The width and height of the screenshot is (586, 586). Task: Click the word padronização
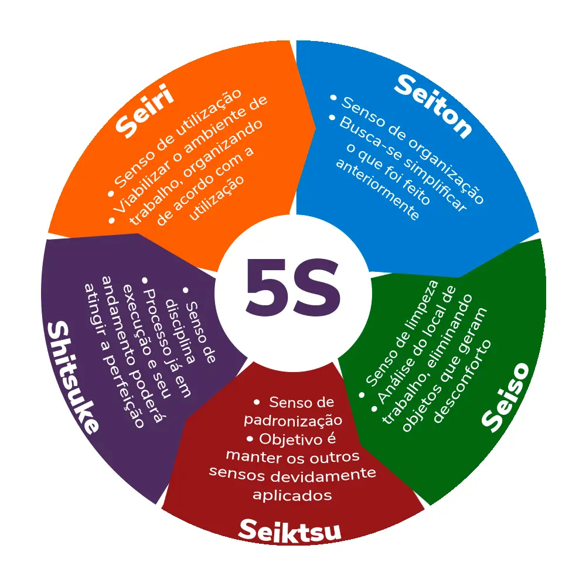292,420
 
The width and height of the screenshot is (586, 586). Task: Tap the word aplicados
292,495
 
